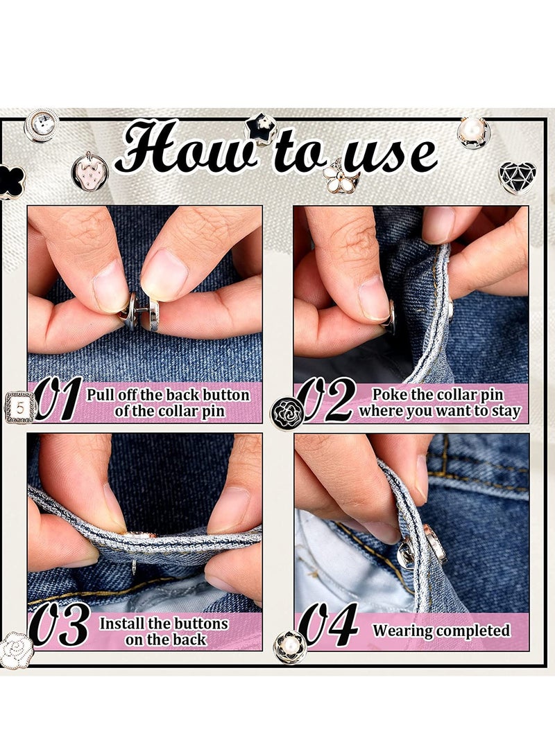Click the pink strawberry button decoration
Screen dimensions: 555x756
90,170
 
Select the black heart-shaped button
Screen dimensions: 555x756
517,177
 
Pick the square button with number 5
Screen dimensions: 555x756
20,407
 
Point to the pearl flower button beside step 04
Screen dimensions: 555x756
290,647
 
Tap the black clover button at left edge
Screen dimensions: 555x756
10,182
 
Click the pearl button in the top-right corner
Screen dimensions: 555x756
473,132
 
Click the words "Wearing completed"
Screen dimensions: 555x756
441,631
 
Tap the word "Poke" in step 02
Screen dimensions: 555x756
391,394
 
